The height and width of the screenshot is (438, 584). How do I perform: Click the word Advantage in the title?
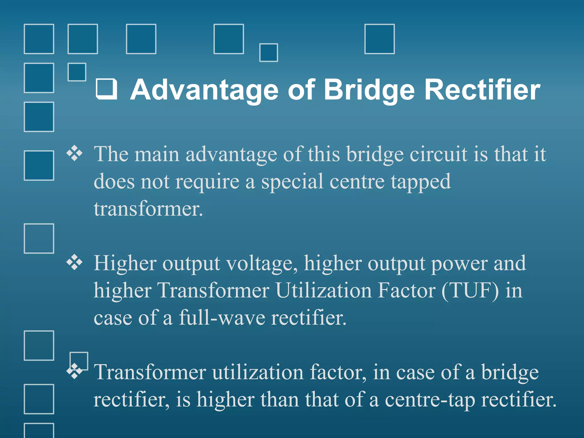[x=204, y=90]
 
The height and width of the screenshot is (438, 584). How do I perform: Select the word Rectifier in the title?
[x=482, y=90]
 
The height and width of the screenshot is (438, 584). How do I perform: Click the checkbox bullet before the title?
[x=107, y=89]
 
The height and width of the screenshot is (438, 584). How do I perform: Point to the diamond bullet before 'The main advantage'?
[x=74, y=153]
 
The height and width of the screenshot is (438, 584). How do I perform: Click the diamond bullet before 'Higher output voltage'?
[x=74, y=262]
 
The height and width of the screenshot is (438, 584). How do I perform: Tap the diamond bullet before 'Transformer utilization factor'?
[x=74, y=371]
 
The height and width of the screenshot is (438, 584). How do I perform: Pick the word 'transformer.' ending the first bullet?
[x=148, y=209]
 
